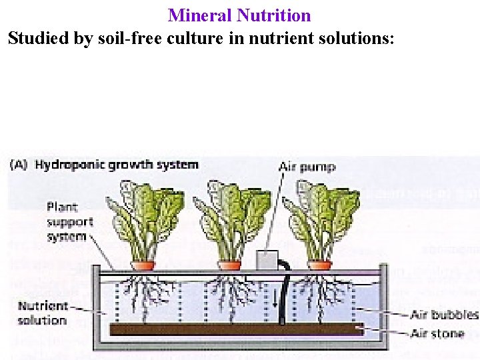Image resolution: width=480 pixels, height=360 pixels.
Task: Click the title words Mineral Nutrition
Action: [x=239, y=15]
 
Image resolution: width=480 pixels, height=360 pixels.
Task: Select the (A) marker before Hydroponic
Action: [x=19, y=165]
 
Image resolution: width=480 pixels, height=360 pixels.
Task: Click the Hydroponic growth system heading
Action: [x=117, y=165]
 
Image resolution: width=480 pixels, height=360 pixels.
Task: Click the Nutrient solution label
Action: [x=43, y=313]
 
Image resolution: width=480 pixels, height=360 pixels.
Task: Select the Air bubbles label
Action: [x=445, y=314]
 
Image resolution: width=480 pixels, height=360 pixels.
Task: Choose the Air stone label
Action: [x=437, y=333]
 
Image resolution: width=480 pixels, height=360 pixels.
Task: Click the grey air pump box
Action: [x=267, y=260]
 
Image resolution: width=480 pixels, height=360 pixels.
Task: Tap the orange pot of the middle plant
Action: [x=229, y=265]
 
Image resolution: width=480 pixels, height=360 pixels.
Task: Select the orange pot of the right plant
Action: [x=319, y=265]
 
